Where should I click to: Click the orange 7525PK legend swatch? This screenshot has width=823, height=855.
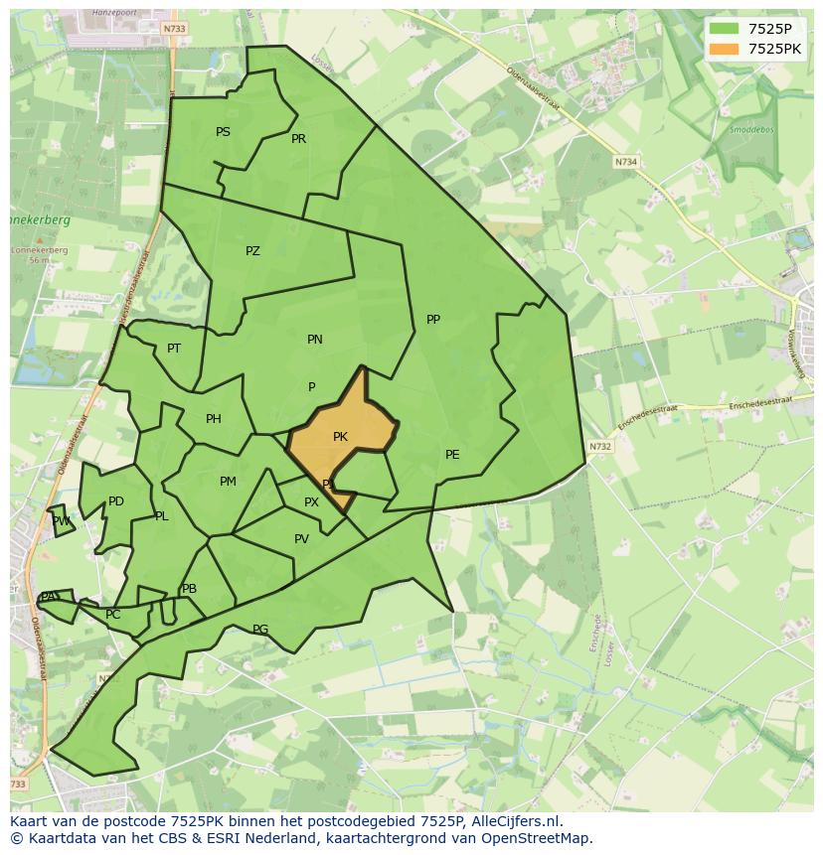pyautogui.click(x=725, y=49)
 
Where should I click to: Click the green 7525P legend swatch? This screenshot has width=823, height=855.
pyautogui.click(x=725, y=29)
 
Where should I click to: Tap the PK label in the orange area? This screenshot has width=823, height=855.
pyautogui.click(x=340, y=437)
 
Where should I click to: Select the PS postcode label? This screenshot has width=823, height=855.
pyautogui.click(x=223, y=132)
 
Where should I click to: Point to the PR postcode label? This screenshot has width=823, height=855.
pyautogui.click(x=298, y=139)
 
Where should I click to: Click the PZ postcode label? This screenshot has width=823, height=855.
pyautogui.click(x=252, y=251)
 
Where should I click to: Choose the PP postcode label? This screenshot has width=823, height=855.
pyautogui.click(x=433, y=320)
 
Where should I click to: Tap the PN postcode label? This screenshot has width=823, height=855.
pyautogui.click(x=315, y=340)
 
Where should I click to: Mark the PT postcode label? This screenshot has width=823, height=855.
pyautogui.click(x=174, y=349)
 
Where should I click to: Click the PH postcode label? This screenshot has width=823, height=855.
pyautogui.click(x=214, y=419)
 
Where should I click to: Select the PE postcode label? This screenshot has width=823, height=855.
pyautogui.click(x=452, y=455)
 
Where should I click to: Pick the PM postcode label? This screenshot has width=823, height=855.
pyautogui.click(x=228, y=482)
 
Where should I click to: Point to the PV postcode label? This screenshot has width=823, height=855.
pyautogui.click(x=301, y=539)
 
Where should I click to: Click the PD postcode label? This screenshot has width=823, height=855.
pyautogui.click(x=116, y=501)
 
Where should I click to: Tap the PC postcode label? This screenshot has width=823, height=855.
pyautogui.click(x=112, y=615)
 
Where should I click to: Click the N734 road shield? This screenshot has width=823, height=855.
pyautogui.click(x=625, y=162)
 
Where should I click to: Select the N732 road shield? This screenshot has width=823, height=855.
pyautogui.click(x=599, y=447)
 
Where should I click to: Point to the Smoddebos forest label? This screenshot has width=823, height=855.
pyautogui.click(x=750, y=129)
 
